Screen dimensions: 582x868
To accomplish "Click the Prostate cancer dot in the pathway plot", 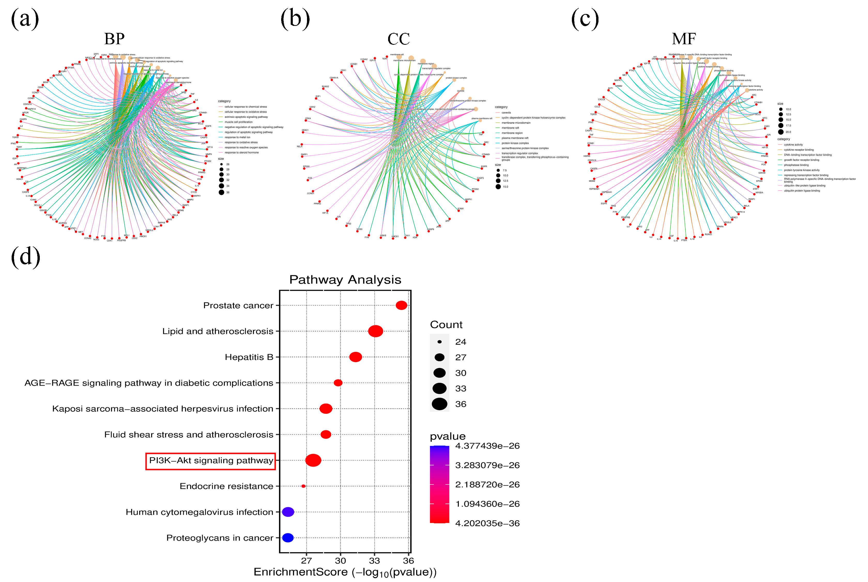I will [401, 305].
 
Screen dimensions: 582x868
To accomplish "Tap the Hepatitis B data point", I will [355, 357].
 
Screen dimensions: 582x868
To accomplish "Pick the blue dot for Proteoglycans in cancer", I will [288, 538].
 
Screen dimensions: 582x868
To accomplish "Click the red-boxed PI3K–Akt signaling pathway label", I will [211, 461].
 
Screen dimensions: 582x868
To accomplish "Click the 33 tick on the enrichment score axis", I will [374, 561].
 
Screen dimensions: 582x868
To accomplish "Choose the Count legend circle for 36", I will [439, 404].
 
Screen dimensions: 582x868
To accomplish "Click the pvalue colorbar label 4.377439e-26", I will [487, 446].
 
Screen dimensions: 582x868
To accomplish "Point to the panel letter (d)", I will [25, 257].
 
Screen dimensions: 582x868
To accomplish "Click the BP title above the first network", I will [114, 39].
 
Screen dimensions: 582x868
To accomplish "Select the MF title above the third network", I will [684, 39].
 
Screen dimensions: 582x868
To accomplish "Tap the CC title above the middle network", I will [398, 39].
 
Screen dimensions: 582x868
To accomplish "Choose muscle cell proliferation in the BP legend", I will [239, 122].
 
